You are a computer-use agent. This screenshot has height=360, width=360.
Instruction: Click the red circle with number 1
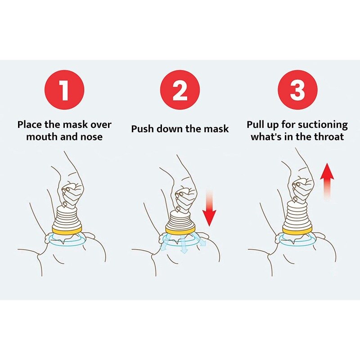tap(64, 90)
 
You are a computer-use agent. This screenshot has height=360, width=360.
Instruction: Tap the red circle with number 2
tap(180, 90)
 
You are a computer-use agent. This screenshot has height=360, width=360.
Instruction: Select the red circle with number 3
tap(297, 90)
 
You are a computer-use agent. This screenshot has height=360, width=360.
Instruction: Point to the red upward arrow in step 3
tap(327, 183)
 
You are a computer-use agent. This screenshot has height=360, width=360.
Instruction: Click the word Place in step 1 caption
tap(31, 125)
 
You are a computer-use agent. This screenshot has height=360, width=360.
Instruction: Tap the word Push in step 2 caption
tap(142, 129)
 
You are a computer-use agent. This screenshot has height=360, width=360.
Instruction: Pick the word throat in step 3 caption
tap(329, 137)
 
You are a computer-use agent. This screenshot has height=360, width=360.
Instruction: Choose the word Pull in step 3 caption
tap(256, 125)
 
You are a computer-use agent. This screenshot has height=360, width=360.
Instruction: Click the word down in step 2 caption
tap(172, 129)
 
